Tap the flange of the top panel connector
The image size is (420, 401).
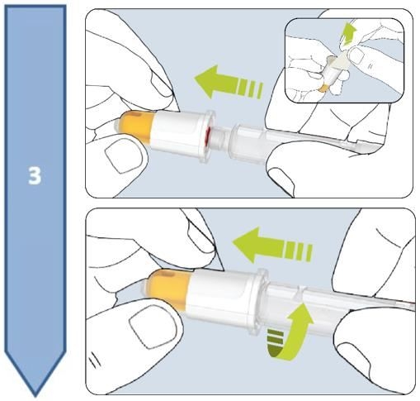(207, 131)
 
